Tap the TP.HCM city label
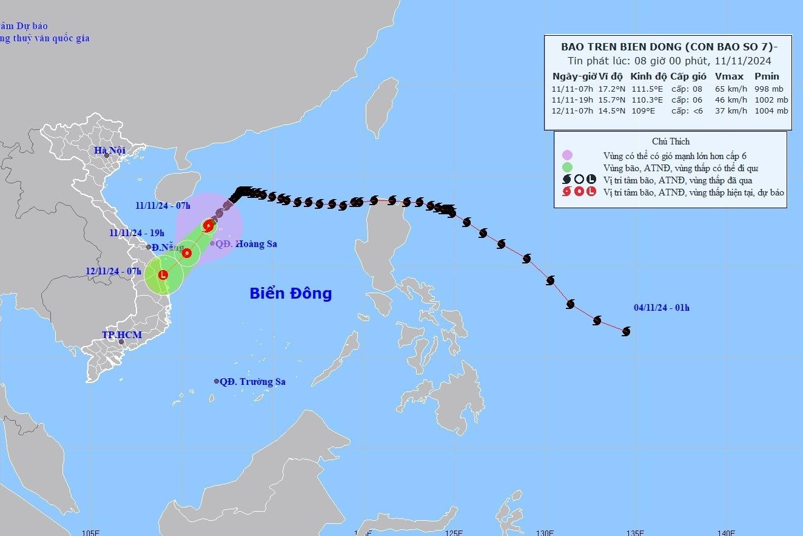[x=122, y=335]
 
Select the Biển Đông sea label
[x=291, y=294]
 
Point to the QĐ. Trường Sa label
[x=252, y=382]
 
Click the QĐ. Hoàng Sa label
[x=247, y=244]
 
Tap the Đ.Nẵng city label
[x=167, y=247]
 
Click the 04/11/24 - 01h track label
[x=662, y=308]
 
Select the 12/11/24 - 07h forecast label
[x=114, y=271]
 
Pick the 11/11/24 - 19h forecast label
[x=137, y=232]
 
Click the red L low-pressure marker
[x=163, y=275]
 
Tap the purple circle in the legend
[x=567, y=155]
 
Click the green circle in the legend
[x=567, y=168]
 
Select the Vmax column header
[x=726, y=76]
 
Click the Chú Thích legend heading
[x=670, y=141]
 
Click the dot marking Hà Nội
[x=107, y=156]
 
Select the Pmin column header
[x=767, y=76]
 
